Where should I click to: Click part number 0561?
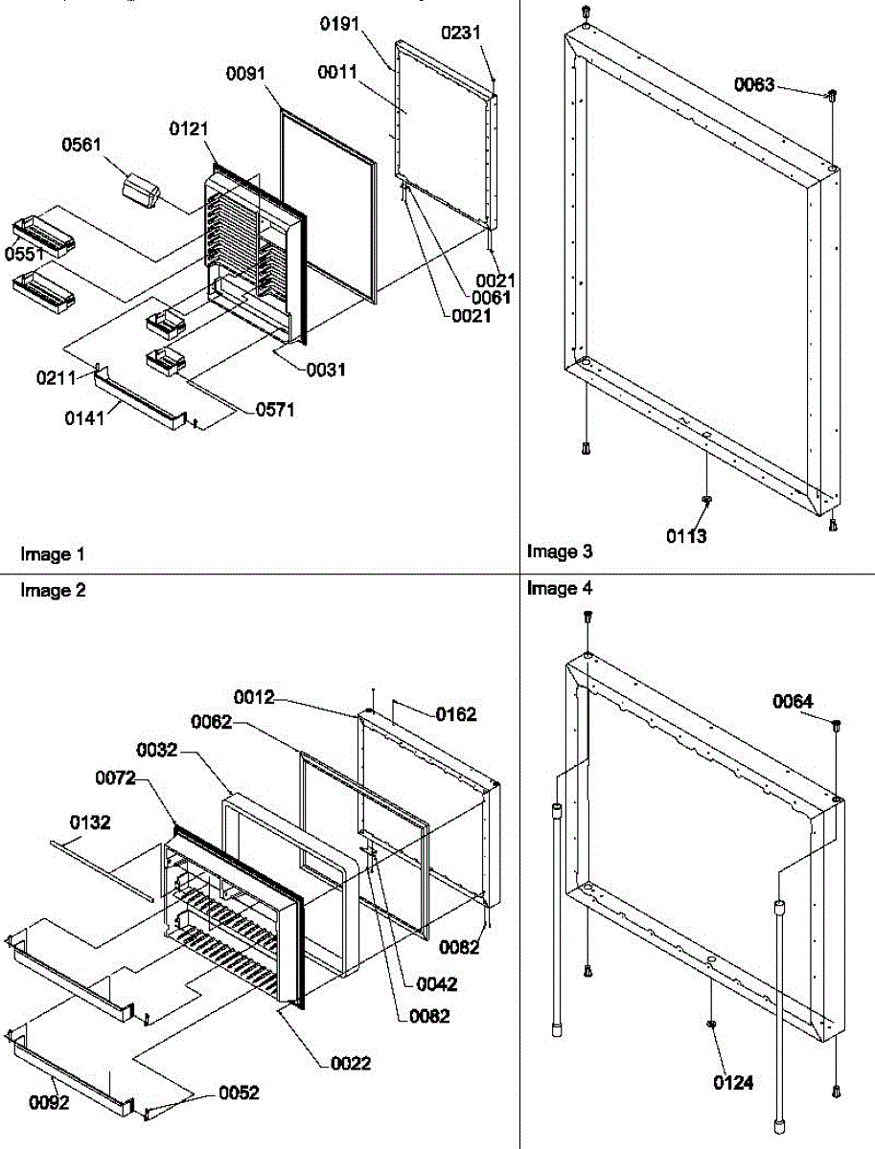pos(81,146)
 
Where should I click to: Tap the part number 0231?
pos(461,33)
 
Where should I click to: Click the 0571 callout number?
pos(274,410)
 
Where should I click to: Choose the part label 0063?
pos(754,85)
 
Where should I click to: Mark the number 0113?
pos(687,536)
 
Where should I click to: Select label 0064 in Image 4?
pos(794,703)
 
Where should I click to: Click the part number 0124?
pos(733,1083)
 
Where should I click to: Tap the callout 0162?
pos(456,714)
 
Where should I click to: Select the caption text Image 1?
pos(53,554)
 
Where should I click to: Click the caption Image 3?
pos(560,551)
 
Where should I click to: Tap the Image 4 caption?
pos(560,589)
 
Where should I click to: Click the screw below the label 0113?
pos(706,500)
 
